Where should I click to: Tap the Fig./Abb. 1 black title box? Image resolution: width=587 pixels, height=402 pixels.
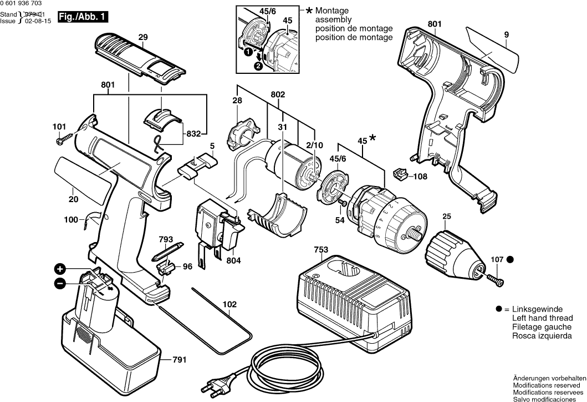coord(86,17)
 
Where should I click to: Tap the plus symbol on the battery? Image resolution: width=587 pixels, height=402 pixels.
coord(60,270)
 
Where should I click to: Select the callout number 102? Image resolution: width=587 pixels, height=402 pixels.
coord(229,305)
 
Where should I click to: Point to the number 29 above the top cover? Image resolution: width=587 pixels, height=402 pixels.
coord(143,37)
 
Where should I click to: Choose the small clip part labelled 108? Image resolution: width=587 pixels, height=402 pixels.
coord(400,174)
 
